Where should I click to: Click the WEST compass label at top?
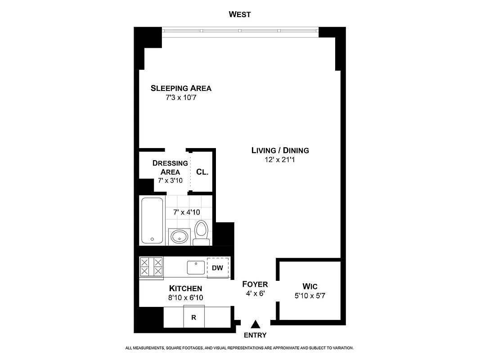point(240,14)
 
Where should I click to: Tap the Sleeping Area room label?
point(181,88)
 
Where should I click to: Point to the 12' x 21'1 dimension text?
point(280,159)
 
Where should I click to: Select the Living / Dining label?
point(280,150)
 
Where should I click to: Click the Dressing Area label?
point(170,167)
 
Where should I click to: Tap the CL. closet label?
point(202,172)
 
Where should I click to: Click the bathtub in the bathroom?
point(152,220)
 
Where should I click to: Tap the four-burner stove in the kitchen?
point(151,266)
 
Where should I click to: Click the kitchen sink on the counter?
point(196,267)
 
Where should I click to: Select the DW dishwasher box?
point(217,268)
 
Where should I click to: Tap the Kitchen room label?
point(185,288)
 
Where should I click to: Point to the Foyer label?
point(255,284)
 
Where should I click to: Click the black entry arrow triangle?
point(256,324)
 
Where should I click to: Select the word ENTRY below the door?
point(255,335)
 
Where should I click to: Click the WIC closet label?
point(310,287)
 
